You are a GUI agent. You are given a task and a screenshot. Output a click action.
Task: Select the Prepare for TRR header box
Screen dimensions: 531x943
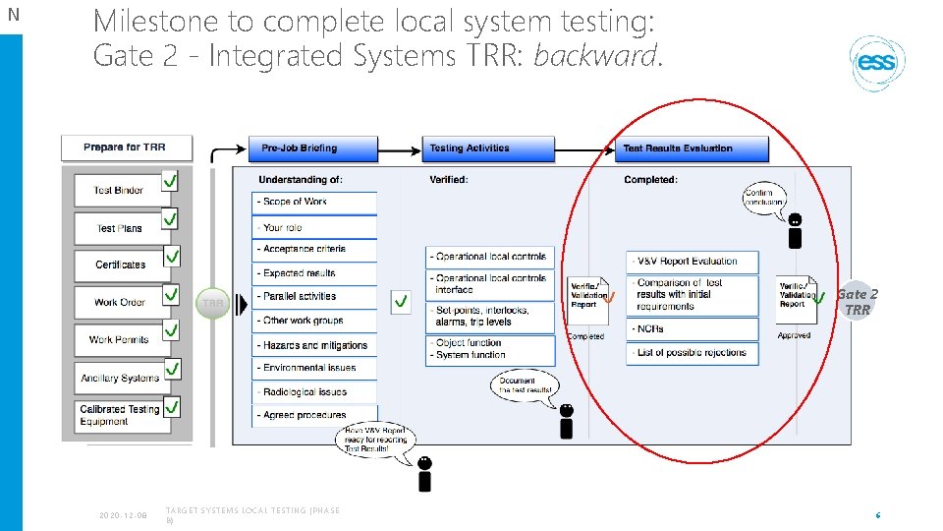click(126, 147)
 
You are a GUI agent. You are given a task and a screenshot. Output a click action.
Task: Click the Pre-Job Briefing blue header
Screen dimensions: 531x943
click(312, 148)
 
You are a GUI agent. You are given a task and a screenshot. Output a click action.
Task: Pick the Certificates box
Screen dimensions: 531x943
click(120, 265)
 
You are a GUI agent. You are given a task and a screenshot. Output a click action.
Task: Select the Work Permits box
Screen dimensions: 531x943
click(119, 339)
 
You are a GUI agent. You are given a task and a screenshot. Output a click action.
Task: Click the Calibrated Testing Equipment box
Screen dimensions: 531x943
click(119, 415)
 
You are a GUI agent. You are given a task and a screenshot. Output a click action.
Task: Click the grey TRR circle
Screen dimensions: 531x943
click(213, 303)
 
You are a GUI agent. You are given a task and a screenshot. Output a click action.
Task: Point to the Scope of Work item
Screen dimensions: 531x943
click(314, 202)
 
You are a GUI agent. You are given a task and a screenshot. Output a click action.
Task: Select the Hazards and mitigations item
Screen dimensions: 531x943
click(314, 345)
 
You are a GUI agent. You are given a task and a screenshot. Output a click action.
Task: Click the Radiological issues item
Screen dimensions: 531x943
click(314, 391)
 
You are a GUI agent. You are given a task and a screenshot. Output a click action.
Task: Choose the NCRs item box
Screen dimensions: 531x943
click(693, 329)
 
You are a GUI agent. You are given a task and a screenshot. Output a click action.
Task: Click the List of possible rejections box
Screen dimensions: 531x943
click(693, 353)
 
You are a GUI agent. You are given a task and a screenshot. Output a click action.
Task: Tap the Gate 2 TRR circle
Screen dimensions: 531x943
click(857, 301)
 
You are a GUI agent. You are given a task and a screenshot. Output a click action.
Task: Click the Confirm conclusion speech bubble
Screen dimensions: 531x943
click(764, 197)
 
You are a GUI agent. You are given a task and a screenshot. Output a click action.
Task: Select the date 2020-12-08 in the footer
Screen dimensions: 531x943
click(123, 514)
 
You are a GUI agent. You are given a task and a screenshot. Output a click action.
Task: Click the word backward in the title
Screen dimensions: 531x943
click(594, 56)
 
